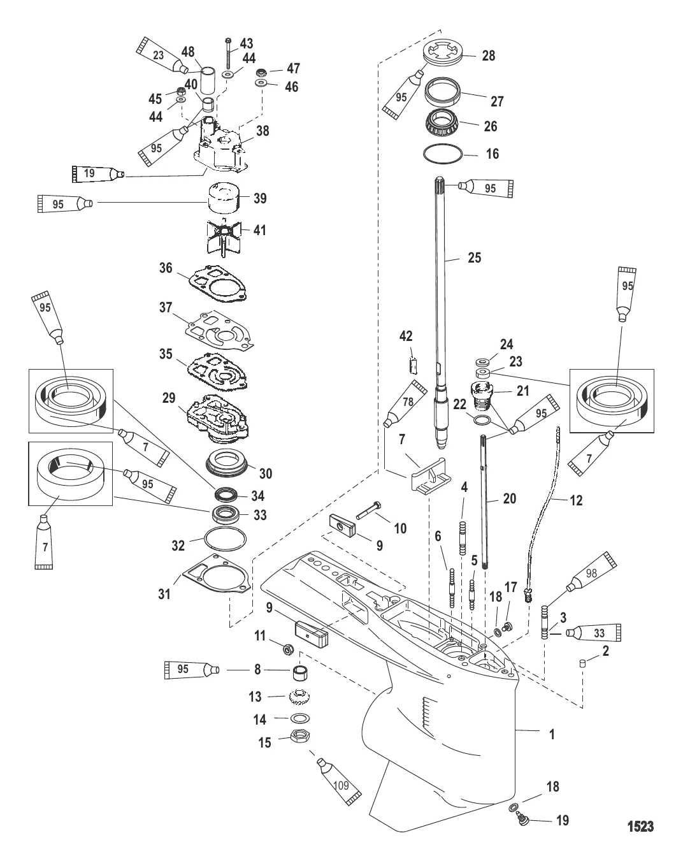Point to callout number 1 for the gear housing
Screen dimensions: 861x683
click(x=552, y=734)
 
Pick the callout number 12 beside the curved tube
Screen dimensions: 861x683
click(x=575, y=501)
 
